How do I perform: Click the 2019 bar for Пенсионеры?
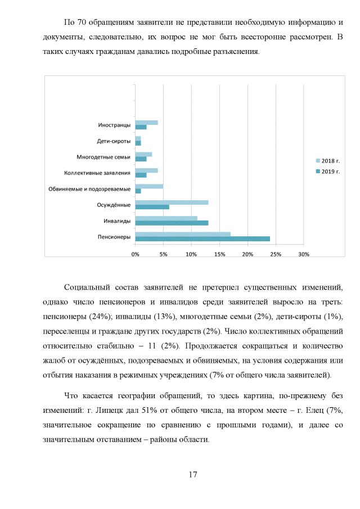tap(202, 239)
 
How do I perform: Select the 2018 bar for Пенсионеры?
tap(183, 234)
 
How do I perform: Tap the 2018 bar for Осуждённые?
tap(172, 202)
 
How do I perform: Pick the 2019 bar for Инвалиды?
tap(172, 223)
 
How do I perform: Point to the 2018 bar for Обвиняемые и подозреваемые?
tap(149, 186)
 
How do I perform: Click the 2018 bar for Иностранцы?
tap(146, 123)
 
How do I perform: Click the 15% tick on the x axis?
tap(219, 254)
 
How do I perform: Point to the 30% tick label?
tap(304, 254)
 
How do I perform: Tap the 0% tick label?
tap(135, 254)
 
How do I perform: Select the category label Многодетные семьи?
tap(103, 157)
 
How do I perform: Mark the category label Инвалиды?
tap(118, 220)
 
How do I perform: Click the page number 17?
tap(192, 475)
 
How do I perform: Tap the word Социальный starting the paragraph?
tap(88, 288)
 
